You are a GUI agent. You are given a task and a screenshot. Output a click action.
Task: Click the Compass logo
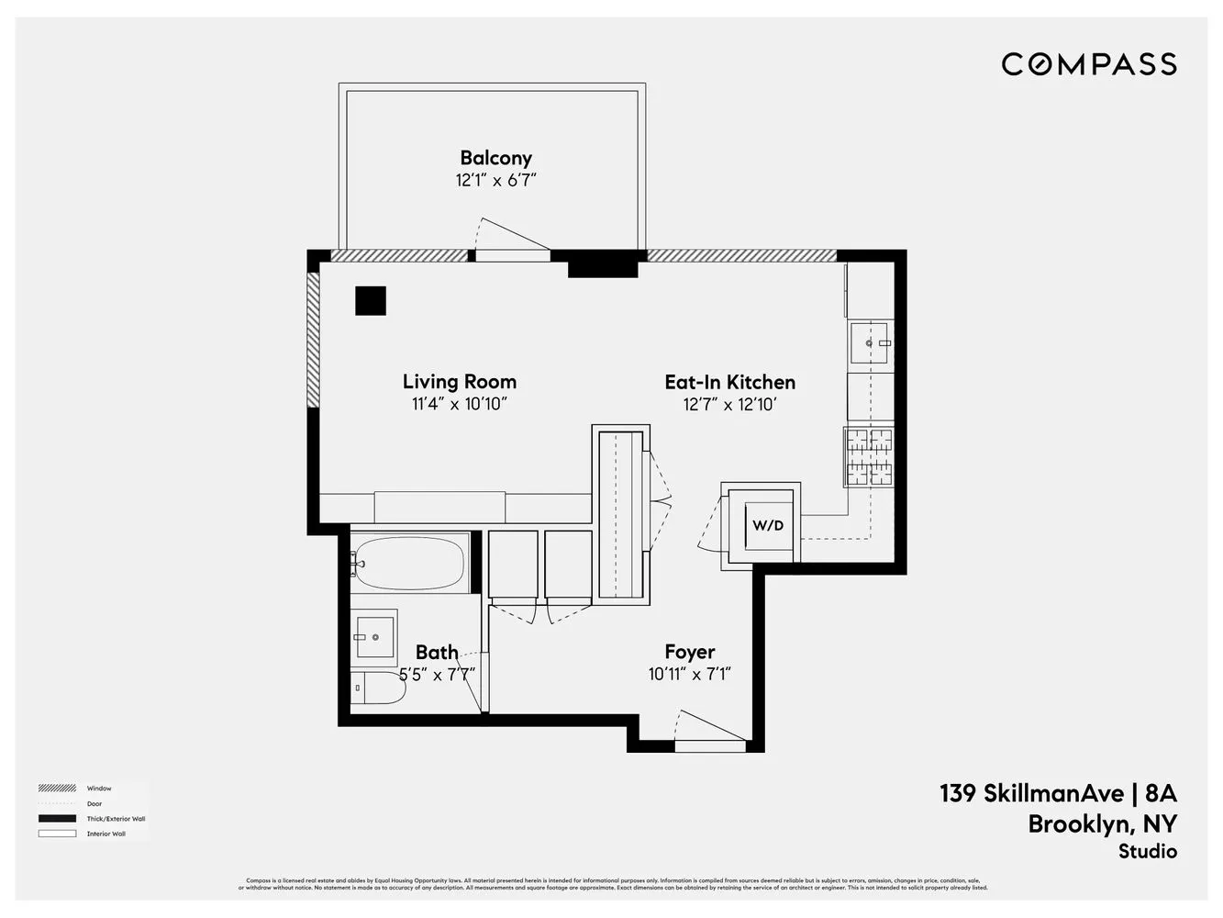(x=1088, y=64)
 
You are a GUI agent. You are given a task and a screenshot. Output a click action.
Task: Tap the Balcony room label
(x=495, y=158)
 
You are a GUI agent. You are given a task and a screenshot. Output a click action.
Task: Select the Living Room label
(x=459, y=382)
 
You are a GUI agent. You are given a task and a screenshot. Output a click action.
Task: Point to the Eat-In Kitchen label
(x=729, y=382)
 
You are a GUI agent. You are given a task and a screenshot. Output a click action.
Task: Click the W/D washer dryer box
(x=768, y=526)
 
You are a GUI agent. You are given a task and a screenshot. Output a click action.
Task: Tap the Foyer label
(x=689, y=652)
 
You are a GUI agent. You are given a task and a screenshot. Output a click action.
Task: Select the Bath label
(x=437, y=653)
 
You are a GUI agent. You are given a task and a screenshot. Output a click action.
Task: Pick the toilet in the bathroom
(x=379, y=688)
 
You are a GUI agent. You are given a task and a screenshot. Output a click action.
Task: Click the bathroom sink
(x=375, y=634)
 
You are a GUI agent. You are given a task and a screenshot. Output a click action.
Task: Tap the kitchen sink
(x=870, y=342)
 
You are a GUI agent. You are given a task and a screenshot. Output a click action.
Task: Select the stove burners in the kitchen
(x=869, y=457)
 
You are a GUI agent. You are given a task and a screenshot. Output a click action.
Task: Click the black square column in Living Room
(x=371, y=301)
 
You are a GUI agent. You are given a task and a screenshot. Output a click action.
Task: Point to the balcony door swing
(x=510, y=238)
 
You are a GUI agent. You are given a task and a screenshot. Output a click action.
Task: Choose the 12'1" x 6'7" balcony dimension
(x=495, y=181)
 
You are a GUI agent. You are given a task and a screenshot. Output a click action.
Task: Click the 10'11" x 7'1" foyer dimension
(x=689, y=675)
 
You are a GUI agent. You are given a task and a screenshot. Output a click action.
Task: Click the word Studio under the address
(x=1147, y=852)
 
